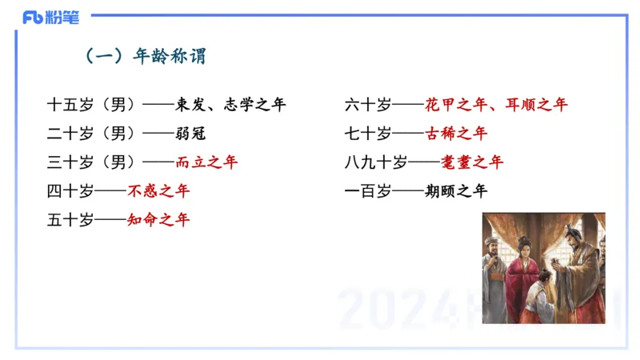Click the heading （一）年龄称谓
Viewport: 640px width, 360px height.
[x=146, y=56]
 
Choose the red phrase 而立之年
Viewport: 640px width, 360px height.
[x=206, y=162]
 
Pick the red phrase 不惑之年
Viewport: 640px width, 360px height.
[x=158, y=191]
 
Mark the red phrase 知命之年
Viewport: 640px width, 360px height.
[x=158, y=220]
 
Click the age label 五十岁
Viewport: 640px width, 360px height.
[x=70, y=220]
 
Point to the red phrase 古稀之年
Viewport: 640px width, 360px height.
[x=456, y=134]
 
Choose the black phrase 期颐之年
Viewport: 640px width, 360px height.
[x=456, y=191]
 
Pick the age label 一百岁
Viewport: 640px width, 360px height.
[x=368, y=191]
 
